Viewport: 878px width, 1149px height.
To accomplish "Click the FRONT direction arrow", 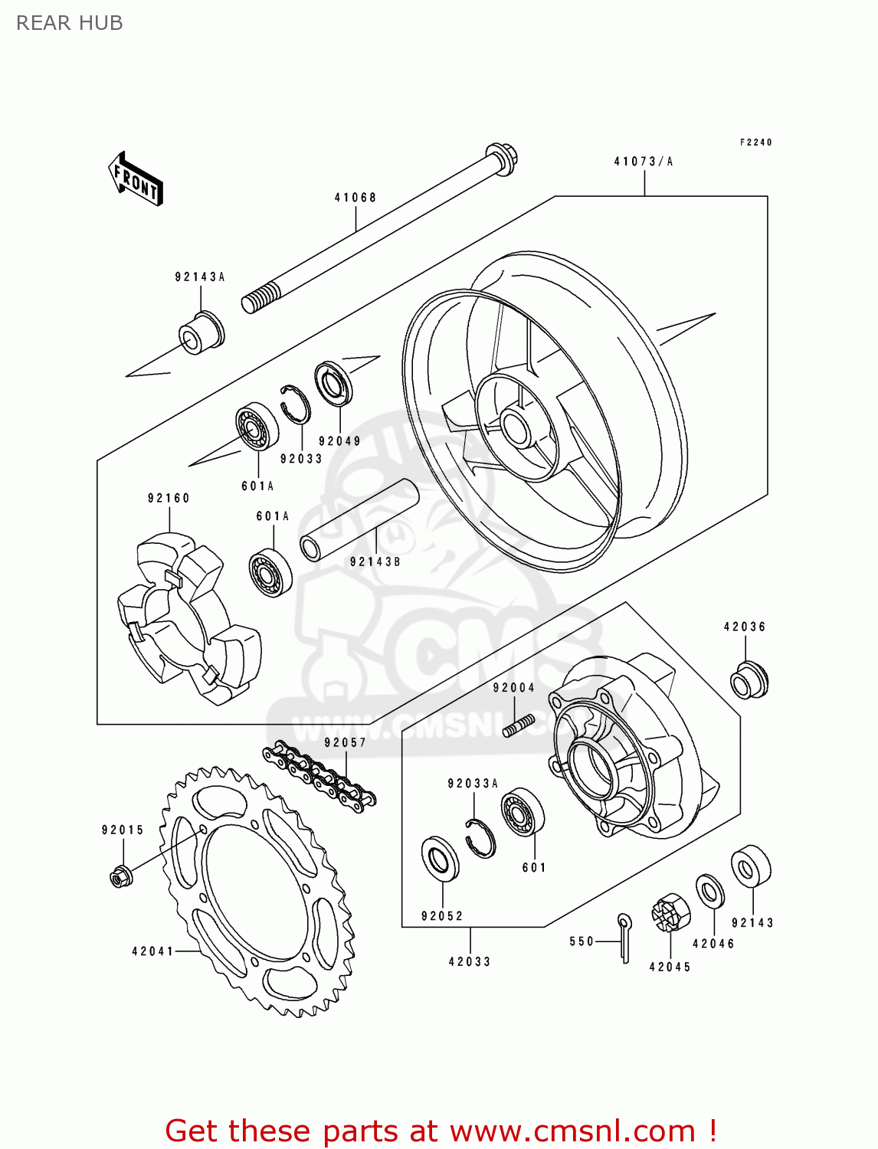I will [136, 179].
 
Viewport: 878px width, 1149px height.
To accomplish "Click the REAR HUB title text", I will [69, 23].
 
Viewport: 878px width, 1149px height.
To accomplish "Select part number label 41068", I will [355, 198].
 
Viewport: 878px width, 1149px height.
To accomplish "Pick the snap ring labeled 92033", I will [295, 403].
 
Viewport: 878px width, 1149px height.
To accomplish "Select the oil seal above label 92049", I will [334, 384].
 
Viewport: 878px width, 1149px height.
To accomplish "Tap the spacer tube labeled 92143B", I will [359, 520].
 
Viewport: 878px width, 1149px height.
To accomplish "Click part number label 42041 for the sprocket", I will [152, 951].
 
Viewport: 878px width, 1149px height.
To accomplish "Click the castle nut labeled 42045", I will [670, 913].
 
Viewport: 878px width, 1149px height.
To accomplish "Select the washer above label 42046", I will [709, 892].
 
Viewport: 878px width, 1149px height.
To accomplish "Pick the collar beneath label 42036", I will [749, 679].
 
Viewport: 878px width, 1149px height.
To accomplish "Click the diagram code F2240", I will [755, 142].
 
